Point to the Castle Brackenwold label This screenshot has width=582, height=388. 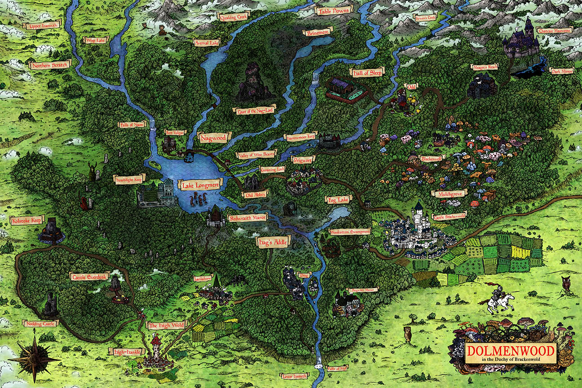coord(449,216)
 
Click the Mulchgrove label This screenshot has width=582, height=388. coord(449,194)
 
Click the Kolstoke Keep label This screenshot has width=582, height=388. coord(26,220)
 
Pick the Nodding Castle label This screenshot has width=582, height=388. coord(40,323)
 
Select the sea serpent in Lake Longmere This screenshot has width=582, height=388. coord(198,199)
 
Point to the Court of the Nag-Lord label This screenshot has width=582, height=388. coord(255,110)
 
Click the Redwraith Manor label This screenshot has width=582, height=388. coord(248,218)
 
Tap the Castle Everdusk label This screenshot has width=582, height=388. coord(89,277)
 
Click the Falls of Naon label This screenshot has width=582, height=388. coord(132,124)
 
